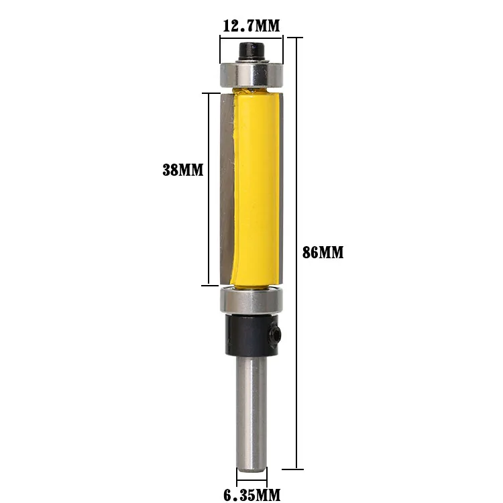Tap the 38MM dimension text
(182, 170)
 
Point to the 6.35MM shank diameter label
(251, 496)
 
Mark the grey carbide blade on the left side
(227, 188)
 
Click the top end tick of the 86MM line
(296, 36)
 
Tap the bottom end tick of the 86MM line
(296, 468)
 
